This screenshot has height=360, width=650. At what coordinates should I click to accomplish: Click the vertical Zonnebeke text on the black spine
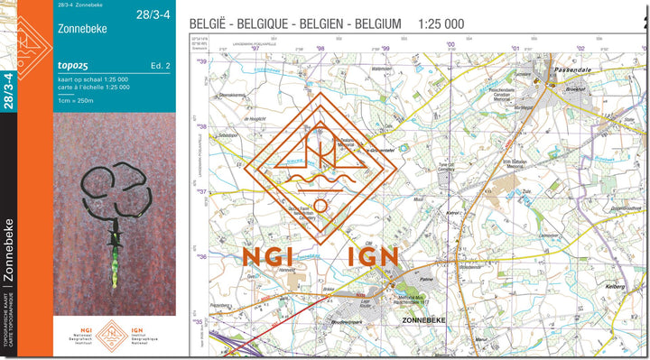9,252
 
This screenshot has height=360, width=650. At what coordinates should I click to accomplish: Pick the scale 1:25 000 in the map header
441,23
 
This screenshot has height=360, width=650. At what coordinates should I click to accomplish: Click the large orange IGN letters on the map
373,257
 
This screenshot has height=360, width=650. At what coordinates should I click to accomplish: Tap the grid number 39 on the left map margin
202,61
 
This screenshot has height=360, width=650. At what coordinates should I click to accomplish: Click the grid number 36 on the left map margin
202,257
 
